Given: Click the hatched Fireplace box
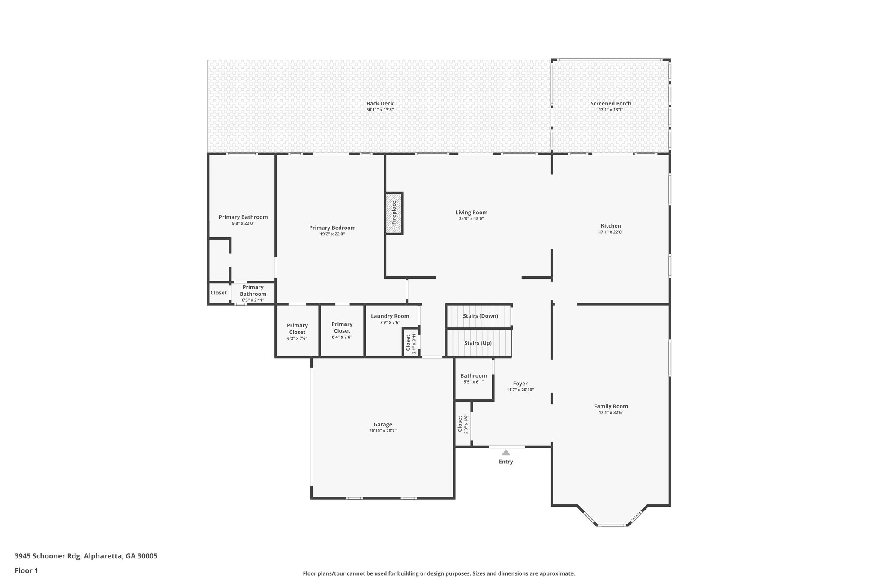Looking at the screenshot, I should coord(394,213).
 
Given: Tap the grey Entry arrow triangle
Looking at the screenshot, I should coord(506,452).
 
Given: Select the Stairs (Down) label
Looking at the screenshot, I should coord(480,316).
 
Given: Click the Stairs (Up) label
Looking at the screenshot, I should coord(478,343).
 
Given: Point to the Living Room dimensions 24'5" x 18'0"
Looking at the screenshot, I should coord(471,219).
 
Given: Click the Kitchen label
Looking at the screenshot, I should coord(610,225).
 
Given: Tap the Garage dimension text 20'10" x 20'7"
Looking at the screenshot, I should coord(382,431).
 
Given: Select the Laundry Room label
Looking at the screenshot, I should coord(390,316).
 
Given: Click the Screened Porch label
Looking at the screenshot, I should coord(610,103).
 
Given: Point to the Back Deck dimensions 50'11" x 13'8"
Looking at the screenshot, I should coord(379,110).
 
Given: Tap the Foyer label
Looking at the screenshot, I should coord(520,384).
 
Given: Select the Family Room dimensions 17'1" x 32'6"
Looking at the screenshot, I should coord(610,412).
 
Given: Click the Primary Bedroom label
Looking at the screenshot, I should coord(332,228).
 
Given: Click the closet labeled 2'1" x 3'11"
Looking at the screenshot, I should coord(410,342).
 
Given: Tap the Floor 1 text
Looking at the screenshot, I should coord(26,570).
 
